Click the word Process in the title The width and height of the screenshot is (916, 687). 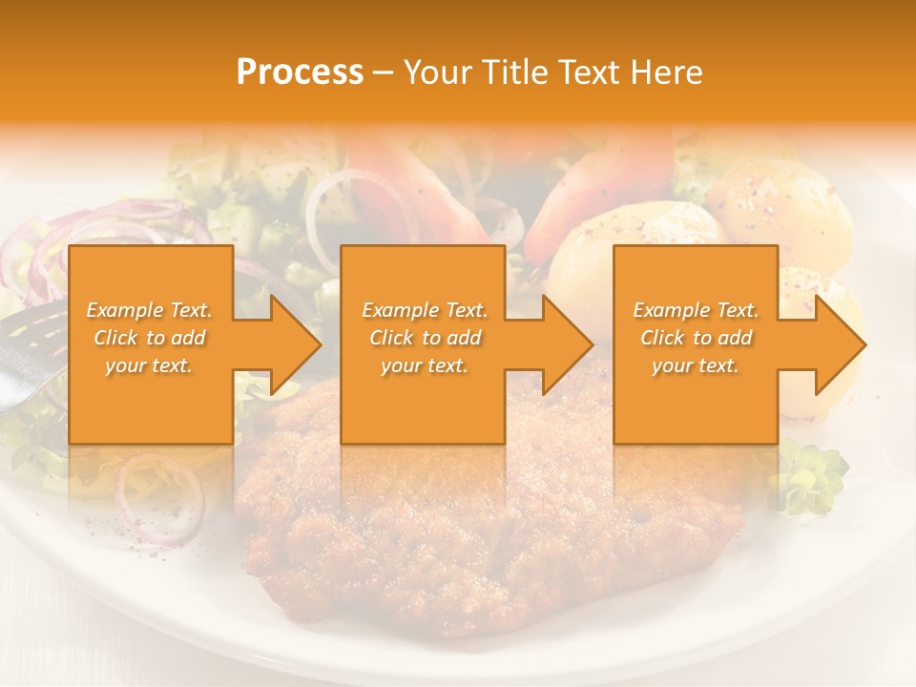[x=300, y=73]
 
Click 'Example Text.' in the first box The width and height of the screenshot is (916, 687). [x=150, y=310]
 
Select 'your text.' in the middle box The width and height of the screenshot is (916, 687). [x=424, y=365]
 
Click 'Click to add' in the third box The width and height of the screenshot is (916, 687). [x=696, y=338]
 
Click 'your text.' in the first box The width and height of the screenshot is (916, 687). [x=149, y=365]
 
